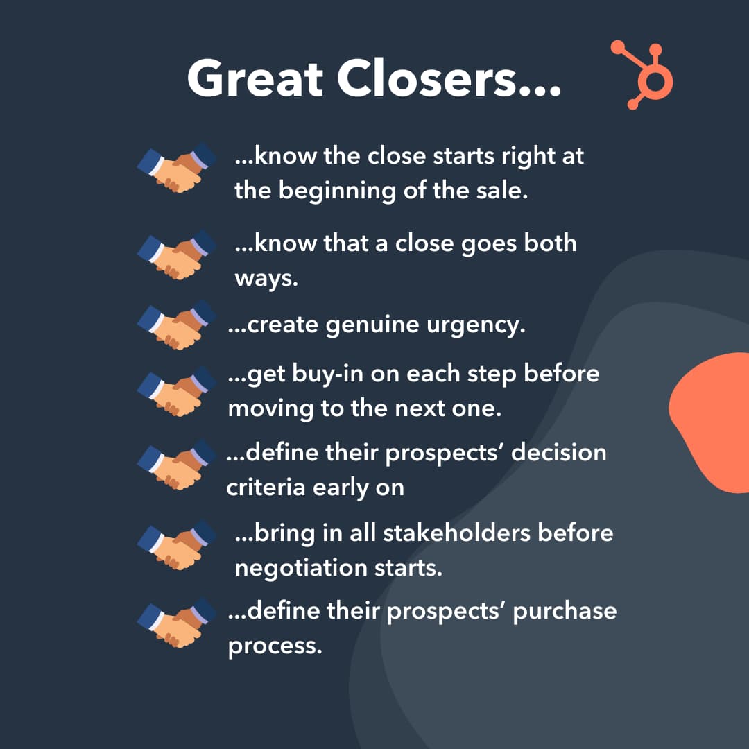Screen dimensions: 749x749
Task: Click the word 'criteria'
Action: [x=266, y=487]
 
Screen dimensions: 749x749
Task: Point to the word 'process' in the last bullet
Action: [x=275, y=646]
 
